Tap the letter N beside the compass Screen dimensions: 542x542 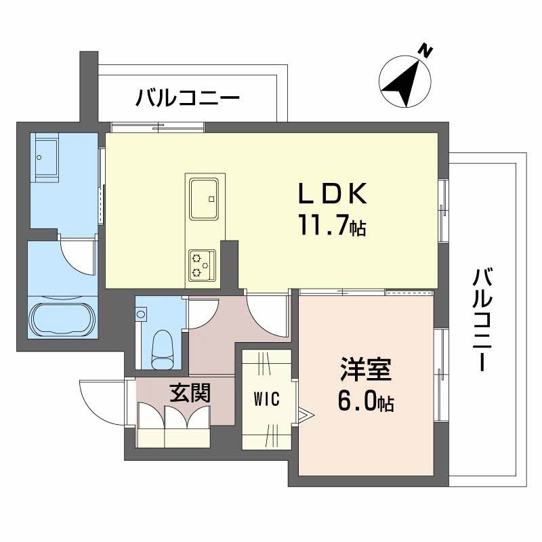tap(425, 50)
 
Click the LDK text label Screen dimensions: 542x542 tap(334, 195)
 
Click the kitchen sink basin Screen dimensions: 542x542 tap(204, 198)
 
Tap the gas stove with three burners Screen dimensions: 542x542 tap(203, 265)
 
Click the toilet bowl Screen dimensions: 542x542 tap(163, 348)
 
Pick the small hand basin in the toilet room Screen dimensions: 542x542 tap(141, 314)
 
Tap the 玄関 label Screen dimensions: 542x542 tap(189, 393)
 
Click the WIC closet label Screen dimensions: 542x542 tap(267, 399)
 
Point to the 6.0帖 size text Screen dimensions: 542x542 tap(365, 402)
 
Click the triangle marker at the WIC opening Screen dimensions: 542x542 tap(304, 414)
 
